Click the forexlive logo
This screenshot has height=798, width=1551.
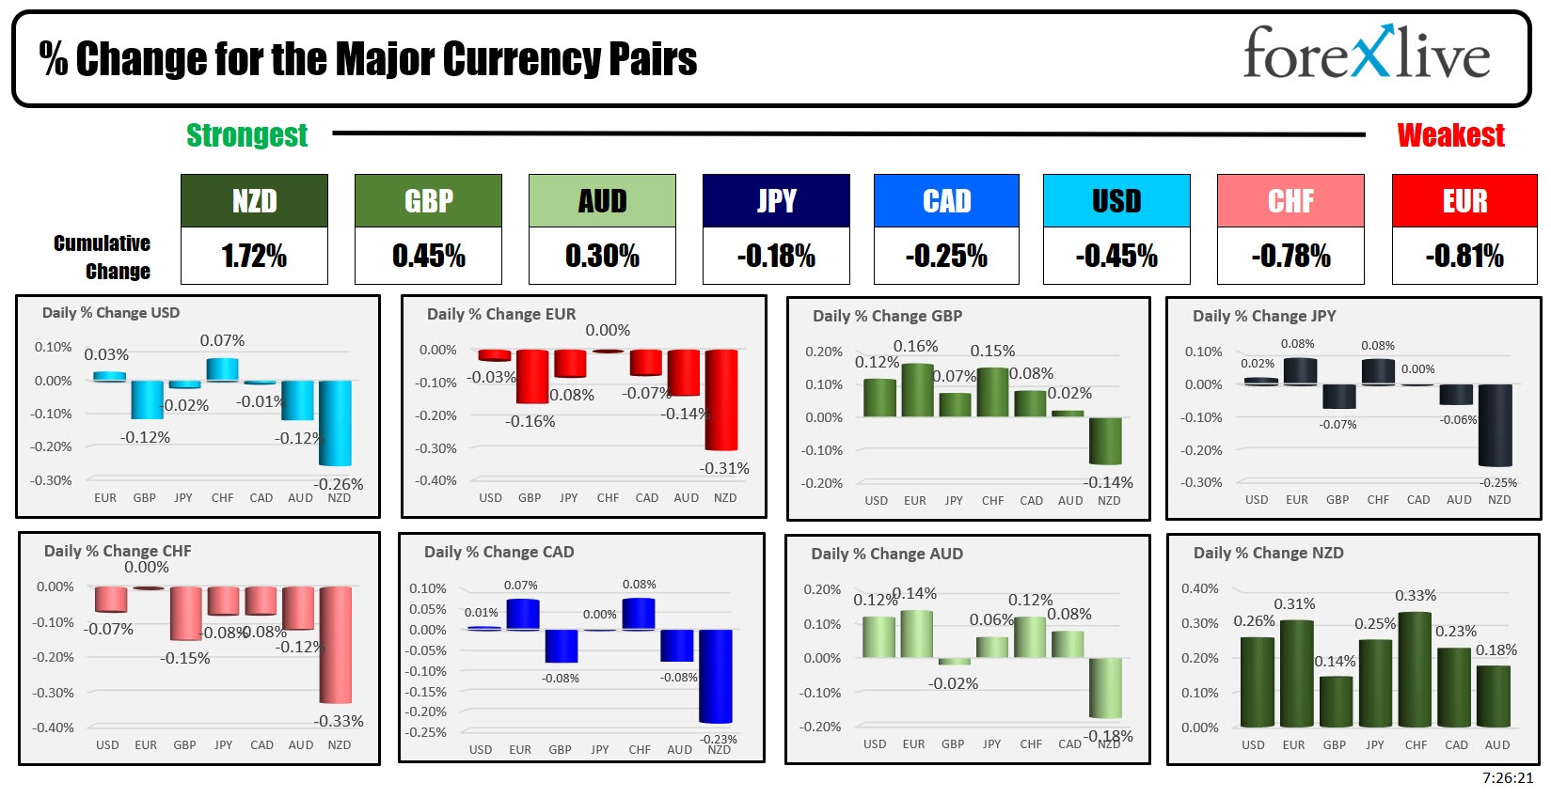[1366, 54]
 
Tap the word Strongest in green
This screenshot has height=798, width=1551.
[246, 135]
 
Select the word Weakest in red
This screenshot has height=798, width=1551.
[1450, 135]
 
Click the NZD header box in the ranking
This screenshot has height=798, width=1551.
[254, 200]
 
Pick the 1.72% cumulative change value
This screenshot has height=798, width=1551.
[254, 256]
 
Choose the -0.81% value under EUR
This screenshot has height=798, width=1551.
[1464, 256]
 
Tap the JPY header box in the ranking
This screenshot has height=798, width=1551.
[776, 200]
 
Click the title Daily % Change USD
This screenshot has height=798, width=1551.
[111, 313]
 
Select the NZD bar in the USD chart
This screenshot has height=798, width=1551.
[335, 423]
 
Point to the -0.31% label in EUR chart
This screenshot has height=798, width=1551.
[724, 468]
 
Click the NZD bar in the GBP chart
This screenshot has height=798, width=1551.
[1106, 441]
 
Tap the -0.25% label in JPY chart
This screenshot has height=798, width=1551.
[1498, 482]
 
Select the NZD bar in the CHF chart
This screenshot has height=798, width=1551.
[335, 645]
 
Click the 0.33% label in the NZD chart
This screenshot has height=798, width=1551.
[1416, 596]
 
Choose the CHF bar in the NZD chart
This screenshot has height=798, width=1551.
[1416, 669]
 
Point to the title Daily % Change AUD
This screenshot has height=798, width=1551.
[887, 555]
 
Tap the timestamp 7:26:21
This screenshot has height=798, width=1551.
[1508, 778]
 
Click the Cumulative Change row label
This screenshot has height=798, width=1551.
[103, 257]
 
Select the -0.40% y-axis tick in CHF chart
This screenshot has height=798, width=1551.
[54, 728]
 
